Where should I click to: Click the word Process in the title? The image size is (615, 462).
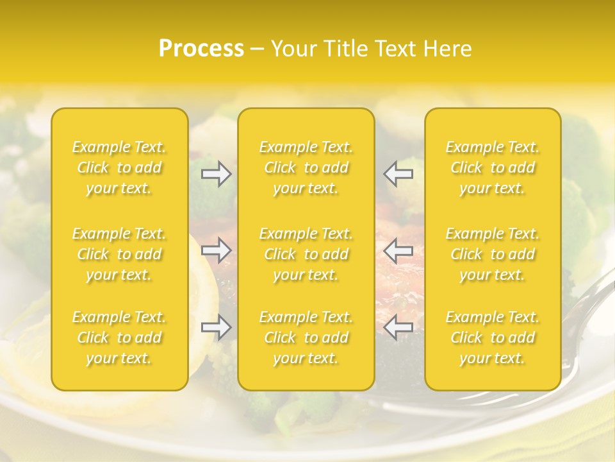201,49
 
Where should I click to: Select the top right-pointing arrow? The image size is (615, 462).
216,174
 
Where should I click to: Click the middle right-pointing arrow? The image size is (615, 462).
216,250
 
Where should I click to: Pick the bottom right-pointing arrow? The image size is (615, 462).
216,327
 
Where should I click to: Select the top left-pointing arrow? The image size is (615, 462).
398,174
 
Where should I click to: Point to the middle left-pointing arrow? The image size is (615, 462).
398,250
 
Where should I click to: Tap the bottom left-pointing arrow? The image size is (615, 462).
398,327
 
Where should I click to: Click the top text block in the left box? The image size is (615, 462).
119,167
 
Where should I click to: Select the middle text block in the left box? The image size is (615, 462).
119,254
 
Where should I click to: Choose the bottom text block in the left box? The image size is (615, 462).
119,338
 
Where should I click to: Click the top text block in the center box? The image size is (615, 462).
306,167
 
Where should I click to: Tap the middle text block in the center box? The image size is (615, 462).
306,254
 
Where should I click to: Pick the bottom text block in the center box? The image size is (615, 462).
306,338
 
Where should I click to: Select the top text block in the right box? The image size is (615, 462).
493,167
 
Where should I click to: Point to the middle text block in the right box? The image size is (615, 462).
493,254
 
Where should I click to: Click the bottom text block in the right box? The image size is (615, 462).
493,338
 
